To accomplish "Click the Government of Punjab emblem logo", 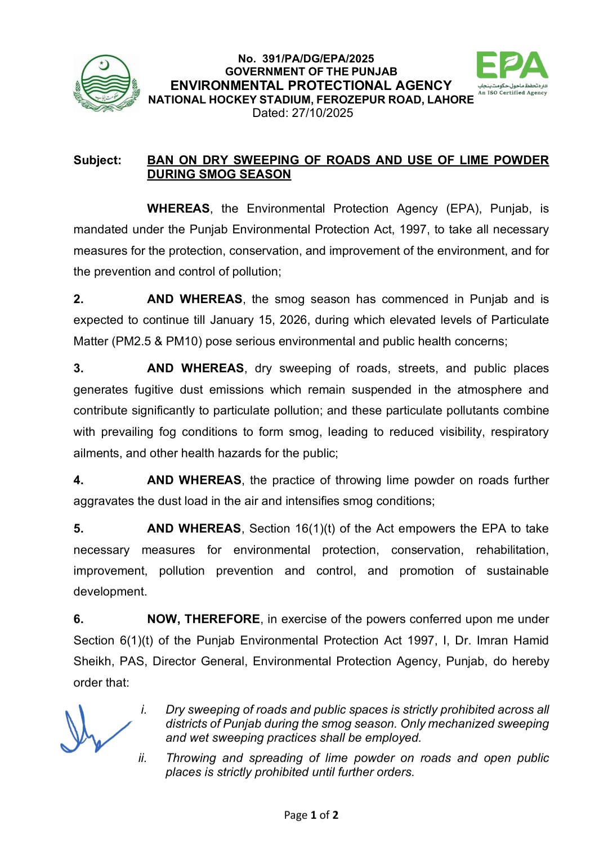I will (106, 83).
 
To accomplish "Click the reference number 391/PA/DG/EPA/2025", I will (318, 58).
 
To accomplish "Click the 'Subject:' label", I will (97, 160).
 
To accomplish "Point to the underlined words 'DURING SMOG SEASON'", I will (219, 174).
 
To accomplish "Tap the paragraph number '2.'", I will (78, 299).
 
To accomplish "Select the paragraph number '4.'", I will (78, 480).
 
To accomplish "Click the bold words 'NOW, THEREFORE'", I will (203, 619).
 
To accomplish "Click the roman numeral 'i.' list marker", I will (144, 710).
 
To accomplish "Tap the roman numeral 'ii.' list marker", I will (142, 758).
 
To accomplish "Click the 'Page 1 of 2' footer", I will (311, 815).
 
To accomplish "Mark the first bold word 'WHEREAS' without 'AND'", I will (178, 209).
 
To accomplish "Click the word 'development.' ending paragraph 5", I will (110, 592).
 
